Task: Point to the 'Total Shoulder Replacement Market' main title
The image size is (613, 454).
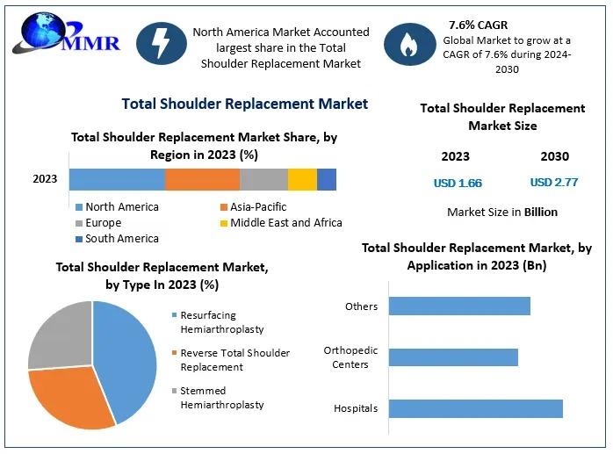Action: click(245, 104)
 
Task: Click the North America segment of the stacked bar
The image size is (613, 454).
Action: click(117, 179)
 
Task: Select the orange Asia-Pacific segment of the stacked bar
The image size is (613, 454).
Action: click(202, 179)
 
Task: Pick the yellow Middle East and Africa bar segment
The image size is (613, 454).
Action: click(302, 179)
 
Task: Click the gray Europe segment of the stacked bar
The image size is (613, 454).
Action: click(263, 179)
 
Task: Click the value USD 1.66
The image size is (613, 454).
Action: click(458, 184)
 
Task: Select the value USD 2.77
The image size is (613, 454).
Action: click(553, 183)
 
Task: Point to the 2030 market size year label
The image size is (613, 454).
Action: click(554, 156)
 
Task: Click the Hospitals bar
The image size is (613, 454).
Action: click(475, 408)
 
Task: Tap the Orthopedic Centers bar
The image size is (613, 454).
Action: click(453, 357)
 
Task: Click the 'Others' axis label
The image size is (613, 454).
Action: click(362, 306)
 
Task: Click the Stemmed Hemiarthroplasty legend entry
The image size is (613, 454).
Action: click(221, 397)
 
